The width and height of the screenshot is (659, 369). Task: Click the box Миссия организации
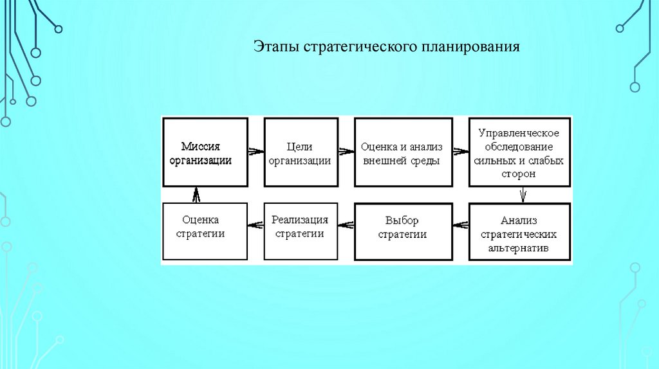tap(205, 152)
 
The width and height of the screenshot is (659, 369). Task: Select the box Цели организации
tap(300, 152)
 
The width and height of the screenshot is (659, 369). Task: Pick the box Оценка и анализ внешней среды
tap(402, 152)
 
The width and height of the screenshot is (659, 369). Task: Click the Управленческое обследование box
tap(519, 152)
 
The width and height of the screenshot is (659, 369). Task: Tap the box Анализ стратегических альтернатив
tap(519, 231)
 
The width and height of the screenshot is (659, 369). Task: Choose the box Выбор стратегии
tap(402, 231)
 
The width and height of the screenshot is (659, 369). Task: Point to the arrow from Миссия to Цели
tap(255, 152)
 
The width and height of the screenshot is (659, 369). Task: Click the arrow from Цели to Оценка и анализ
tap(346, 152)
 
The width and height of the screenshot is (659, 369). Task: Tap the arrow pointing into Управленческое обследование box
tap(459, 152)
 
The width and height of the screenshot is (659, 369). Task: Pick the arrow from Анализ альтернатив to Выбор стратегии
tap(459, 225)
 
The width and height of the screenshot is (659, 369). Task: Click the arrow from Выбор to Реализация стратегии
tap(346, 224)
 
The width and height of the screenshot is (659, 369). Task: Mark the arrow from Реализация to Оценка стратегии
tap(255, 224)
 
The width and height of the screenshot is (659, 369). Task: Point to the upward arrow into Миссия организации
tap(197, 195)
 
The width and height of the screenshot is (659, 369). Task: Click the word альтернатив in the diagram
tap(519, 248)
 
